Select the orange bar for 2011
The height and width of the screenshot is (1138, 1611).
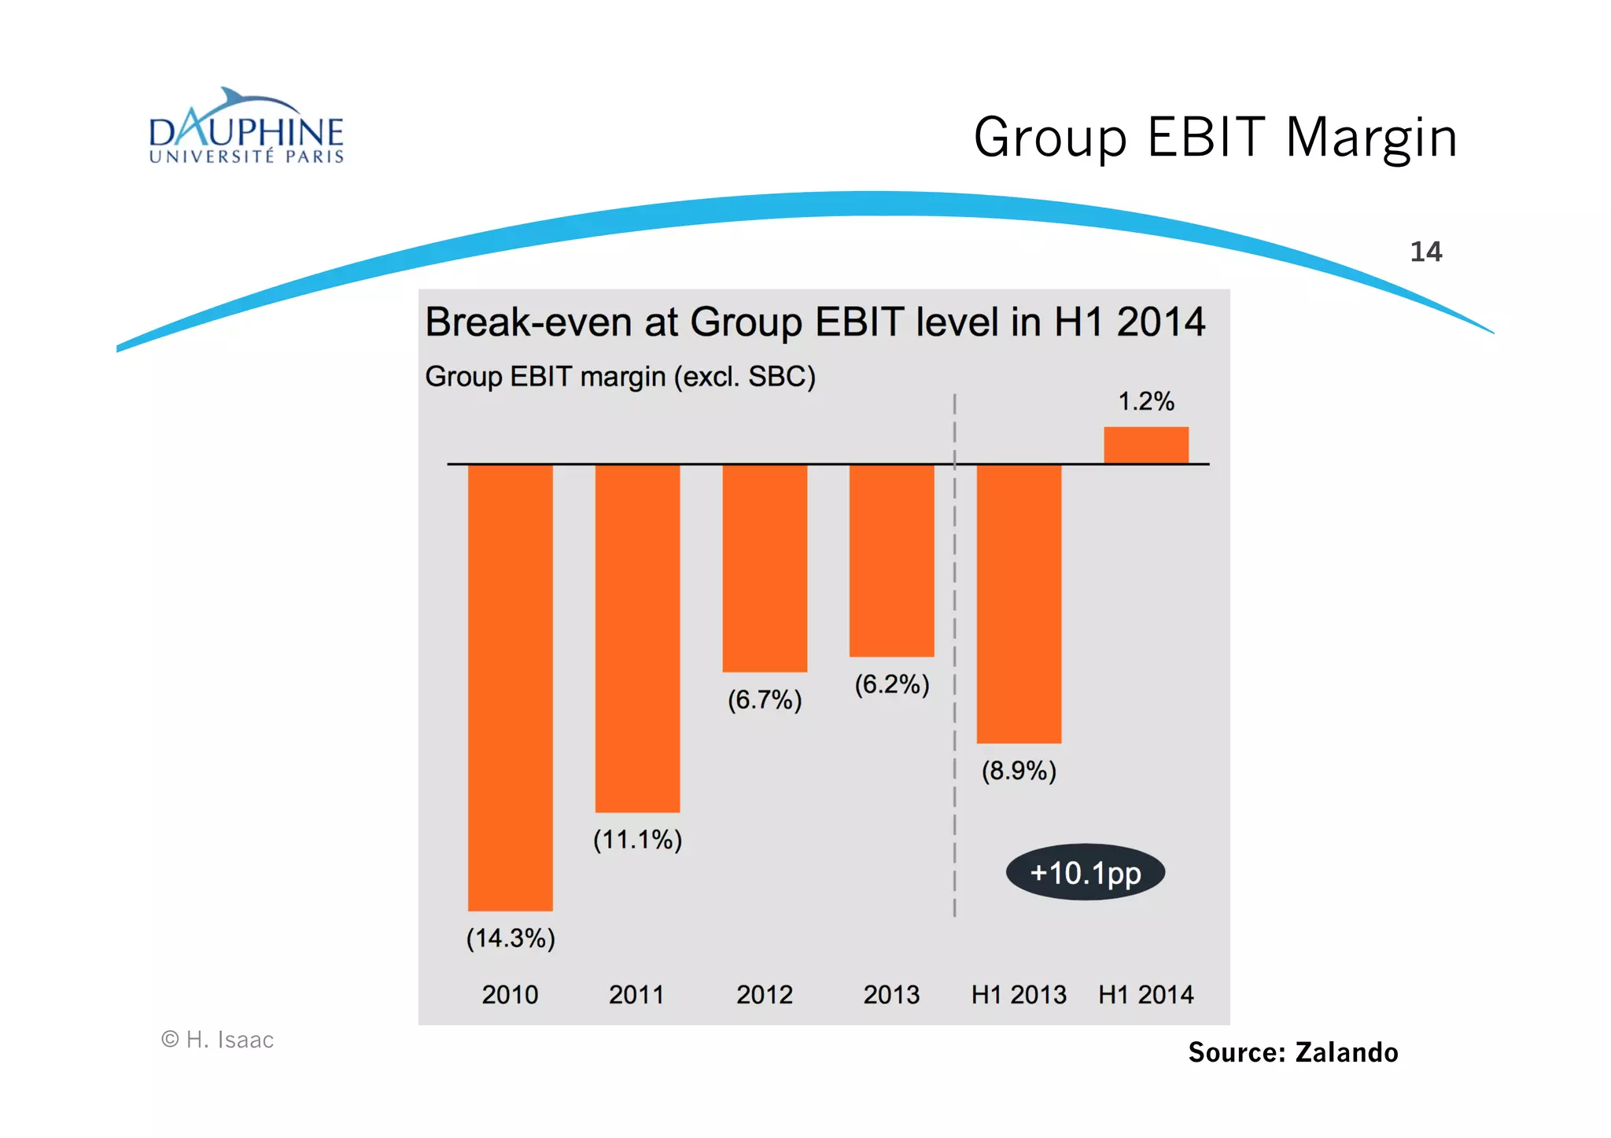pyautogui.click(x=637, y=638)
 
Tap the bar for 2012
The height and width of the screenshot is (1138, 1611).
pyautogui.click(x=765, y=568)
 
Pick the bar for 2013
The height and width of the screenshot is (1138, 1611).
pyautogui.click(x=891, y=560)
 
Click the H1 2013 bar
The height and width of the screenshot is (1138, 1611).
pyautogui.click(x=1019, y=603)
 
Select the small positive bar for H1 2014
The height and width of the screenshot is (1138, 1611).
pyautogui.click(x=1145, y=445)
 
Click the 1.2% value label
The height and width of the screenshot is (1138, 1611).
pyautogui.click(x=1146, y=402)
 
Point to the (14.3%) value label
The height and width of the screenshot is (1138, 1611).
pyautogui.click(x=511, y=938)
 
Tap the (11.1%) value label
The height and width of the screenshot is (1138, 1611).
pyautogui.click(x=637, y=840)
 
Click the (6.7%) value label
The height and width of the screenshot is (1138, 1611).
pyautogui.click(x=765, y=699)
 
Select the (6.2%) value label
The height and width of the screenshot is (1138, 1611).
pyautogui.click(x=892, y=684)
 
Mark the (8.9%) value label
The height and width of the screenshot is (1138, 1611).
pyautogui.click(x=1019, y=771)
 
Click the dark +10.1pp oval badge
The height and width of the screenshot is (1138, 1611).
pyautogui.click(x=1085, y=873)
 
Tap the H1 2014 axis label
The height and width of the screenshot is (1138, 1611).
pyautogui.click(x=1145, y=995)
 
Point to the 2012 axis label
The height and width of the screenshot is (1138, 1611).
pyautogui.click(x=765, y=995)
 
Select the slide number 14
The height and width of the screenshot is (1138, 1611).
pyautogui.click(x=1425, y=252)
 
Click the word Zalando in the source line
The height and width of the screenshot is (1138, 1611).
pyautogui.click(x=1346, y=1052)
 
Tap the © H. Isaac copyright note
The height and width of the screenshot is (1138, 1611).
pyautogui.click(x=218, y=1040)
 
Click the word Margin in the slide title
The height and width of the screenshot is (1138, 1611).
pyautogui.click(x=1371, y=138)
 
